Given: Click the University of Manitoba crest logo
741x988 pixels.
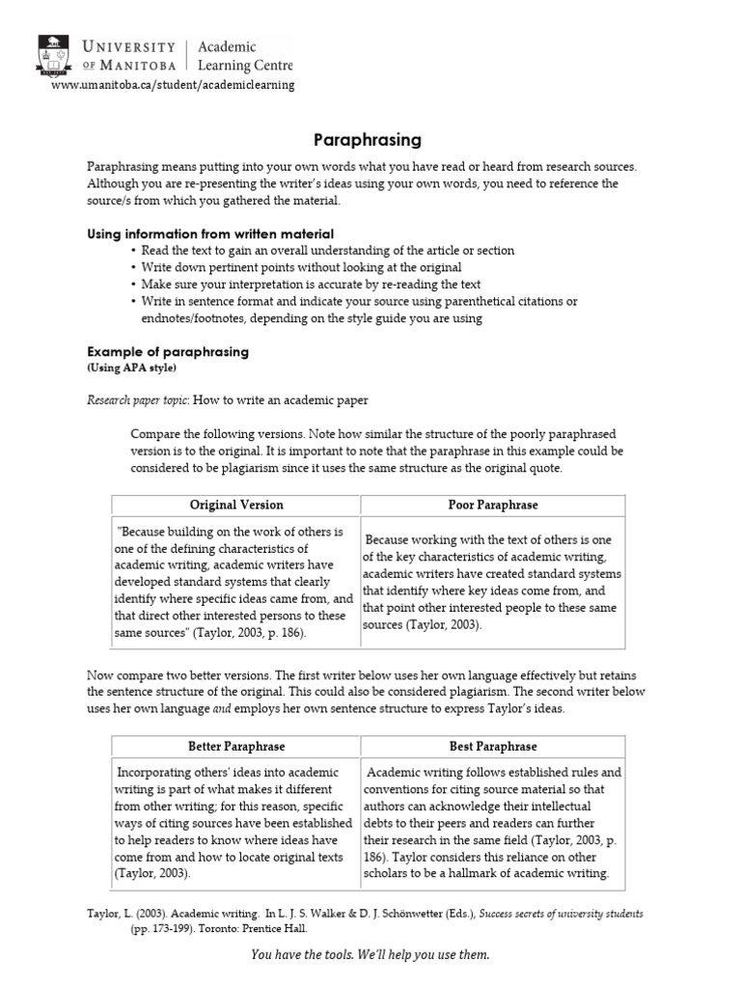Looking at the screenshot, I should click(x=53, y=55).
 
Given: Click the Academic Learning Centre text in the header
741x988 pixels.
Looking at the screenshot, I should click(x=244, y=56).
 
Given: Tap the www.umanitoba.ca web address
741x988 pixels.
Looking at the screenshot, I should click(x=173, y=84).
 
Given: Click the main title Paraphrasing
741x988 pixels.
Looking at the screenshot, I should click(x=370, y=140).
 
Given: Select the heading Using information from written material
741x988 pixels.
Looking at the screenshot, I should click(x=210, y=233).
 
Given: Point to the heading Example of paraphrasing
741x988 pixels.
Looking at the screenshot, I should click(x=168, y=352).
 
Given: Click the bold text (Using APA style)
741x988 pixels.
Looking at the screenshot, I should click(x=132, y=368).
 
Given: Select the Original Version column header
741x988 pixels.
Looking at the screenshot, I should click(x=236, y=505).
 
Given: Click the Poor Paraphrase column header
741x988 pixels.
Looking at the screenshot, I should click(x=493, y=505).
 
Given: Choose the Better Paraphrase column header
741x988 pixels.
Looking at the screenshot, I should click(x=236, y=746).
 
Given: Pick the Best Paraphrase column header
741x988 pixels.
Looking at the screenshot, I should click(x=493, y=746).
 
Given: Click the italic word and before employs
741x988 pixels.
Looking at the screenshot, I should click(x=223, y=709).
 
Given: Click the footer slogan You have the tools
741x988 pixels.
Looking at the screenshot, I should click(x=370, y=955).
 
